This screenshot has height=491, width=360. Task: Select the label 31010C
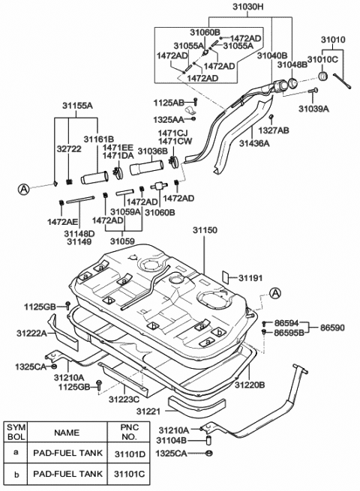[324, 58]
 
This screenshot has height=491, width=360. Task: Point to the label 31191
[251, 279]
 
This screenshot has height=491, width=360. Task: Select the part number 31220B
[249, 385]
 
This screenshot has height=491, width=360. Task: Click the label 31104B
[173, 441]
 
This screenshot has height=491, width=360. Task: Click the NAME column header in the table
[66, 432]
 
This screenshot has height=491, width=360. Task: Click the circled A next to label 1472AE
[25, 190]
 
